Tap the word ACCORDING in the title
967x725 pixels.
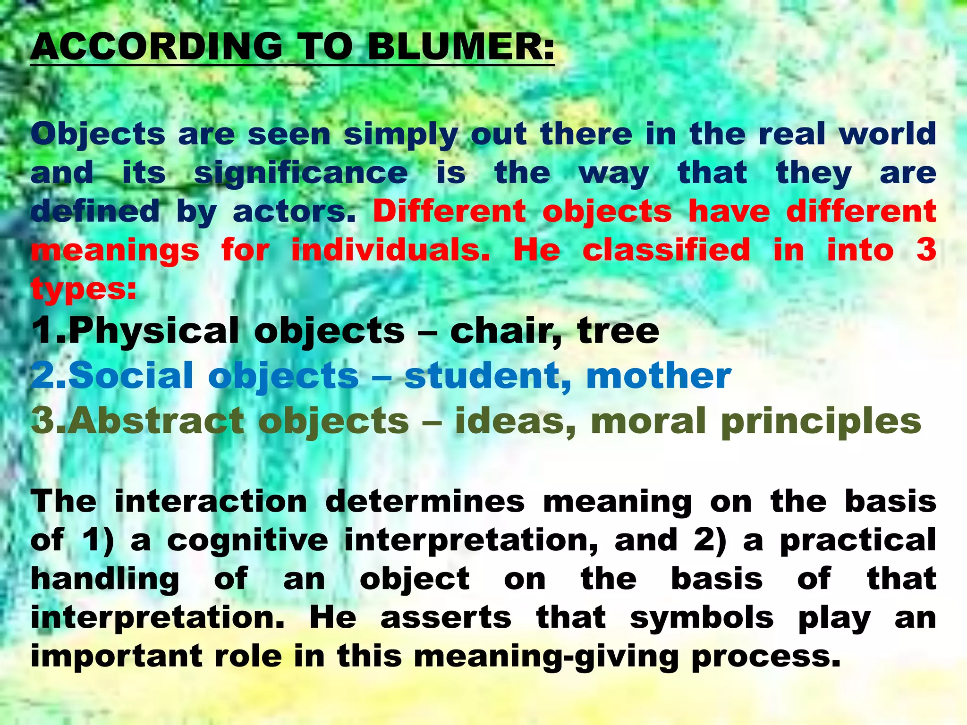[156, 47]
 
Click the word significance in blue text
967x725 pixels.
[301, 173]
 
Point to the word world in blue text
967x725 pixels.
[887, 134]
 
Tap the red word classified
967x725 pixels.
[666, 250]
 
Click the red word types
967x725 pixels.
[83, 289]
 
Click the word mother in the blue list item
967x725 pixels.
[658, 376]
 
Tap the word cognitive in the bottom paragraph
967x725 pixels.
[247, 540]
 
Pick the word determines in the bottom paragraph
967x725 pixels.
[425, 502]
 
